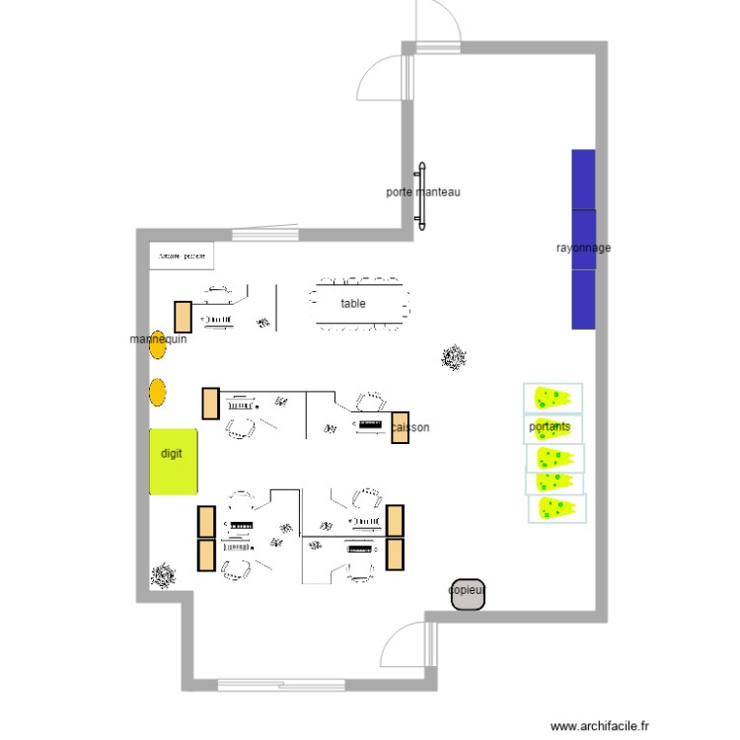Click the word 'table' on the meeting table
[352, 304]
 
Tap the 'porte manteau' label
[423, 192]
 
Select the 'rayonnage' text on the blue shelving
[583, 248]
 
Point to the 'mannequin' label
[158, 339]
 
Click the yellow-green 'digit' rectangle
[173, 460]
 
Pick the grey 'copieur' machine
[468, 593]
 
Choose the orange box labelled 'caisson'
[401, 427]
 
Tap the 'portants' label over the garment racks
[550, 427]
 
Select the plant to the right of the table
[455, 356]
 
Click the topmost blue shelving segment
[584, 179]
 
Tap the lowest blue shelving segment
[584, 299]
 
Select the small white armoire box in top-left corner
[181, 256]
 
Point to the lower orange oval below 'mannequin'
[157, 393]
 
